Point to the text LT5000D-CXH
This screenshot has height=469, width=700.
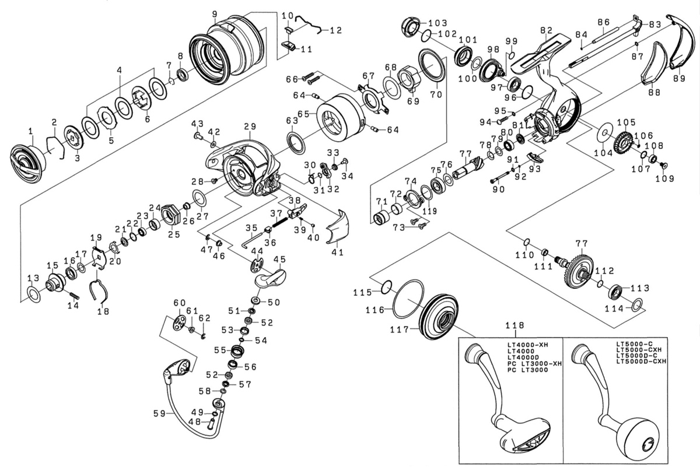click(x=641, y=362)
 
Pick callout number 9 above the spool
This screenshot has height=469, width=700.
click(x=215, y=13)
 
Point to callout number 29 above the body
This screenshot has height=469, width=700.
click(x=250, y=126)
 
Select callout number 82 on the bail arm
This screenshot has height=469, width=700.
click(x=546, y=30)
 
